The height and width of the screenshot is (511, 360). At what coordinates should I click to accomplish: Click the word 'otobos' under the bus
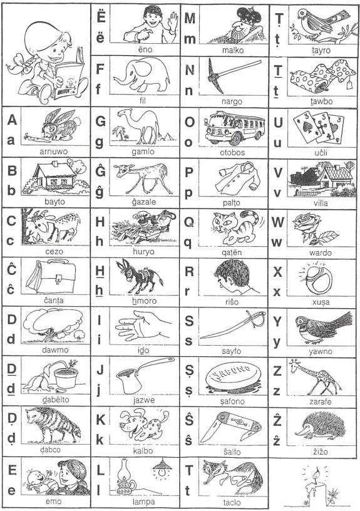click(232, 153)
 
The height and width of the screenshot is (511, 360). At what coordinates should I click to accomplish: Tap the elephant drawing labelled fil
click(142, 75)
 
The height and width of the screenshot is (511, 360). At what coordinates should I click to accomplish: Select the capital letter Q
click(189, 222)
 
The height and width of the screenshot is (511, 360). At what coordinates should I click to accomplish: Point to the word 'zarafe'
click(321, 402)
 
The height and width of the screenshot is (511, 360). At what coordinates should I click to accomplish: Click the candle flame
click(316, 474)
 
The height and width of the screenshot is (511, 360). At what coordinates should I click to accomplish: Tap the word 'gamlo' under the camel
click(143, 152)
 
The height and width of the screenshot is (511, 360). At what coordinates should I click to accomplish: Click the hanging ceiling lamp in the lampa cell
click(162, 468)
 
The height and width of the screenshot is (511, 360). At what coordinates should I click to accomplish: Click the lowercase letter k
click(100, 440)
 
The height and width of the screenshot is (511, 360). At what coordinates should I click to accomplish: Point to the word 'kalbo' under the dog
click(143, 451)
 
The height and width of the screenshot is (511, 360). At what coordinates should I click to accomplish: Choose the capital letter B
click(12, 171)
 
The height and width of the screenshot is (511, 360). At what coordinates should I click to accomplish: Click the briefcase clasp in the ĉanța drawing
click(59, 279)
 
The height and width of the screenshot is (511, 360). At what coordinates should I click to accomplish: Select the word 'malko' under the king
click(233, 50)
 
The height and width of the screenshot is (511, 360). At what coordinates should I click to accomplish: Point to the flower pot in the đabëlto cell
click(66, 378)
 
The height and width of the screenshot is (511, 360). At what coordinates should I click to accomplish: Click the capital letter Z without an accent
click(277, 371)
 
